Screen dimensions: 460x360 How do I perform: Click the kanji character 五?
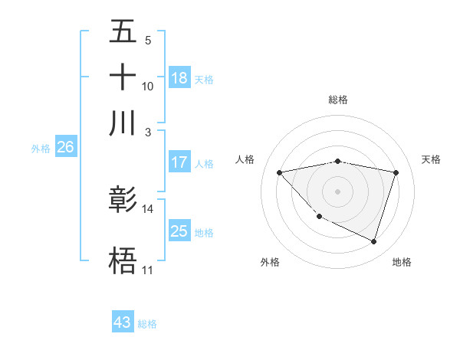(x=123, y=32)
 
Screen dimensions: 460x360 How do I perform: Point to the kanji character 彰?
(x=123, y=200)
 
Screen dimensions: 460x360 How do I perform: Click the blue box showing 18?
(x=179, y=77)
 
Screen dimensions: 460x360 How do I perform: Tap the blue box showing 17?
(x=179, y=162)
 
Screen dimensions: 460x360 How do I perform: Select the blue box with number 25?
(x=179, y=231)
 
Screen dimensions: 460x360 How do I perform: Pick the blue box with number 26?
(x=65, y=148)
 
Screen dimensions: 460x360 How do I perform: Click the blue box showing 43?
(x=123, y=322)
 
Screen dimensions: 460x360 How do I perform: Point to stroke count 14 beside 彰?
(x=148, y=208)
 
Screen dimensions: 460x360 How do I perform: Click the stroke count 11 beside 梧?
(x=147, y=270)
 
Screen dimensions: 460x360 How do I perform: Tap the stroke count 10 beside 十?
(x=148, y=86)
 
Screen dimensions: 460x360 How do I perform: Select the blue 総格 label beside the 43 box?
(x=147, y=324)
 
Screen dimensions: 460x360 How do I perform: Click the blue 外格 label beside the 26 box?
(x=41, y=149)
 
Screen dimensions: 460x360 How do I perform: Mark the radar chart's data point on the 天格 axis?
(x=396, y=172)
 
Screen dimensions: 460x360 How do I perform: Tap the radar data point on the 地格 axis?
(x=373, y=241)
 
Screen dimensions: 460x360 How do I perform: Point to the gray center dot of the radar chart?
(x=338, y=191)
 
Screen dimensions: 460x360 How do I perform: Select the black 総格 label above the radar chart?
(x=338, y=100)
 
